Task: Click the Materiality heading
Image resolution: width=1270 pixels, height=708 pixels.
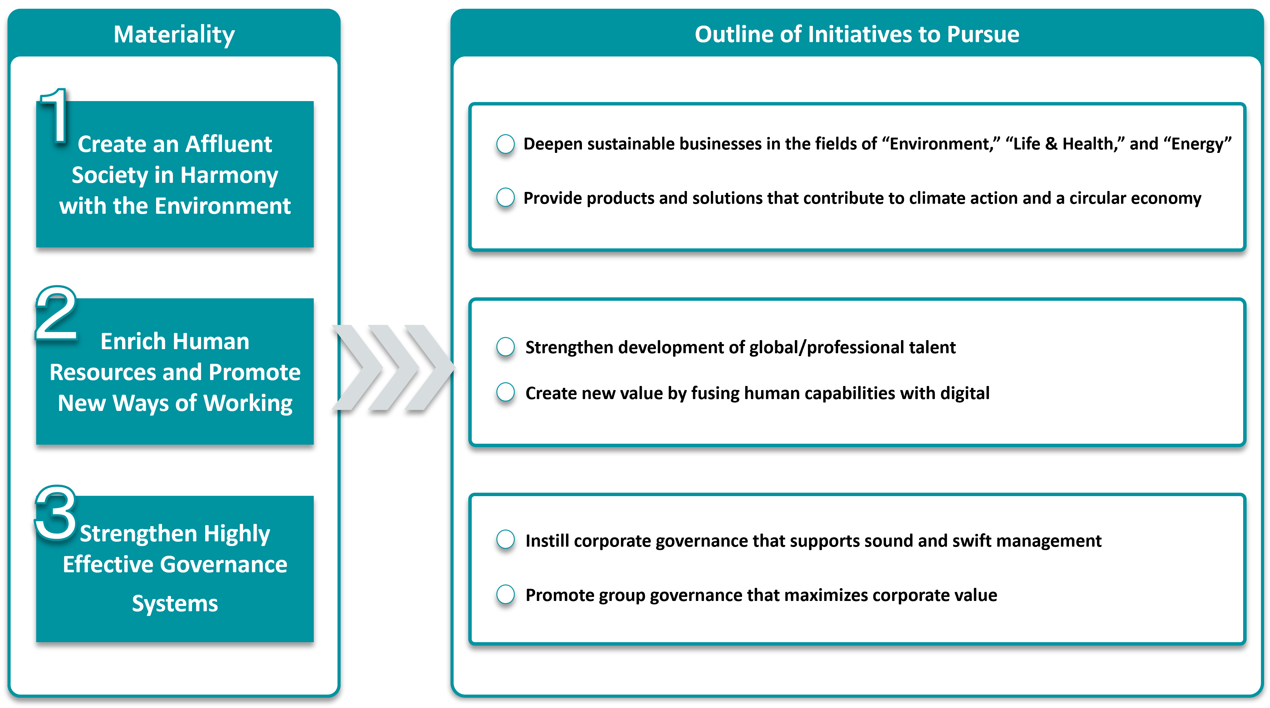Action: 174,35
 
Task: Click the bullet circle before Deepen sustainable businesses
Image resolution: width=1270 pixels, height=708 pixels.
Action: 505,144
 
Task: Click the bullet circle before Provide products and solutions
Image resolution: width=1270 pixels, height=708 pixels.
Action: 505,198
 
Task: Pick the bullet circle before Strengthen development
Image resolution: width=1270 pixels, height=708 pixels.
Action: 505,347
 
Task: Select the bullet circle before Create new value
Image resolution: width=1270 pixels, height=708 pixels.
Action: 505,393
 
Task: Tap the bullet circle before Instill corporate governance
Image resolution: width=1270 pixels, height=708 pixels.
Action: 505,540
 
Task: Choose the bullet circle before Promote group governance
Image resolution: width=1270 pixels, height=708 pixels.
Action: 505,595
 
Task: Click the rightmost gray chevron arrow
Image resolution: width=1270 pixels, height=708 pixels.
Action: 428,367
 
